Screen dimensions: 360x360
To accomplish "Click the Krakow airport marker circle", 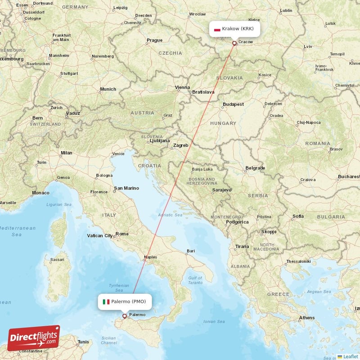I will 234,43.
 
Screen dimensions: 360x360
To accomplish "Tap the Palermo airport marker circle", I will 125,316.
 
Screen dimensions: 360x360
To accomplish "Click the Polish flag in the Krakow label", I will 217,29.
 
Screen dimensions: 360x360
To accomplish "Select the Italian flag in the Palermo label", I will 106,301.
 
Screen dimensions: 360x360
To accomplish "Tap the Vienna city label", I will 182,87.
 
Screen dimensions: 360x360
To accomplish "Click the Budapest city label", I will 233,104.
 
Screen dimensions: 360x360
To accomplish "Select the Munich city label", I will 108,89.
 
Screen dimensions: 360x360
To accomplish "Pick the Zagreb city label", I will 180,145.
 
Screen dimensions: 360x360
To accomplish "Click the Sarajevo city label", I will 221,190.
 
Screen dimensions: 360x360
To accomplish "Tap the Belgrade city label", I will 255,168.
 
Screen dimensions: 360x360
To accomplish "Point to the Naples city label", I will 150,258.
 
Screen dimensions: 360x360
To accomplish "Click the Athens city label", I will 307,318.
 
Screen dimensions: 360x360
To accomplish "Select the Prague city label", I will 154,40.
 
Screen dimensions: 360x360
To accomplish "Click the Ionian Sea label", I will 214,321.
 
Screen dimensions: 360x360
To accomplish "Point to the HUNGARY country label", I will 223,123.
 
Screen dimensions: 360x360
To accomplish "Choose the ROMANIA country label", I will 318,143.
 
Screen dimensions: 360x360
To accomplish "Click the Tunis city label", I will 83,342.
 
